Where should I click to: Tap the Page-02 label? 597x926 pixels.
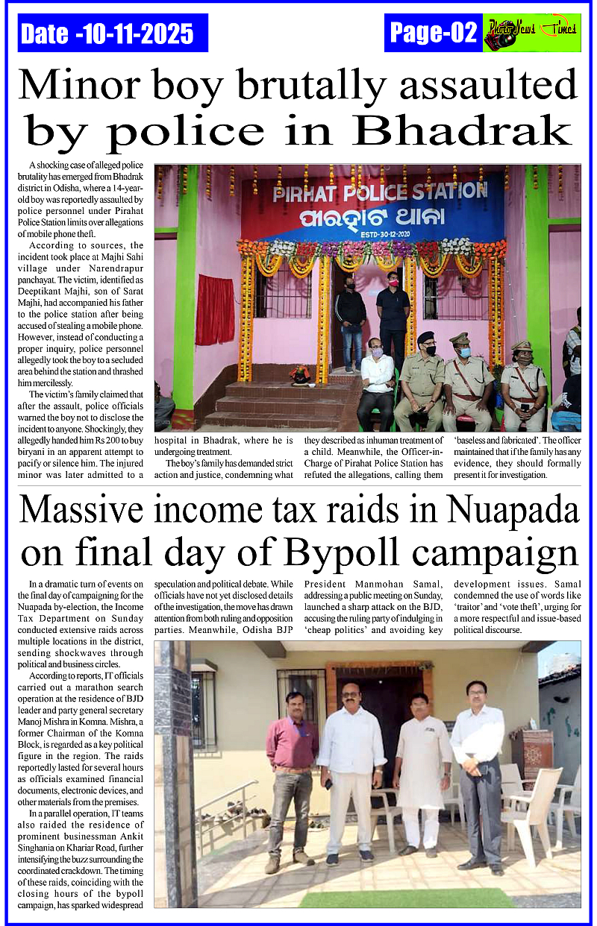434,33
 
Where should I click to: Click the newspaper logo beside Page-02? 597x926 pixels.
531,33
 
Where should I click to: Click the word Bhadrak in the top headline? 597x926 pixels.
463,131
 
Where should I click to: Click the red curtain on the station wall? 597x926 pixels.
215,309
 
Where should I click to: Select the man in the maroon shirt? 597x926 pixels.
291,775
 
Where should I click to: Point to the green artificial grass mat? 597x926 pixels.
407,898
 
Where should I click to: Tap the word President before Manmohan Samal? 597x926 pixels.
326,584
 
